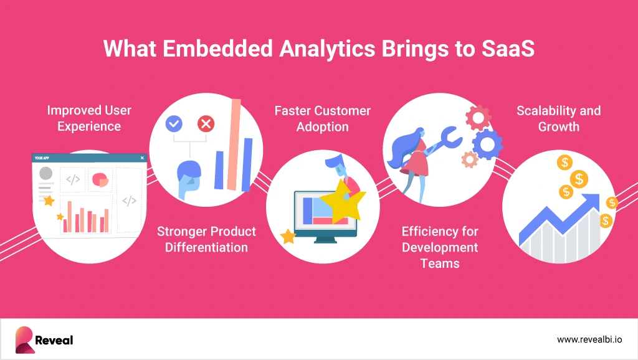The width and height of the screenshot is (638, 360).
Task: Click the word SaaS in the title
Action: coord(508,49)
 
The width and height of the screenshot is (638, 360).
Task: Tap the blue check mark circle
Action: coord(174,124)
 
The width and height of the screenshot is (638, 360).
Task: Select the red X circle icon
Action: coord(206,124)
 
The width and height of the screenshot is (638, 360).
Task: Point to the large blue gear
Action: coord(487,144)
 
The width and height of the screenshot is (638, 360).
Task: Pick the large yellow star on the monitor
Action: coord(343,202)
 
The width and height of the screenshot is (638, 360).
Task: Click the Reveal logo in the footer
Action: coord(44,339)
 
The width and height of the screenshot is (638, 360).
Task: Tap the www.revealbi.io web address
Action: coord(589,339)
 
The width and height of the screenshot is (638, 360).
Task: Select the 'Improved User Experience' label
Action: coord(89,118)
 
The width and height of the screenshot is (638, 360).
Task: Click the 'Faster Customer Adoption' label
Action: coord(322,118)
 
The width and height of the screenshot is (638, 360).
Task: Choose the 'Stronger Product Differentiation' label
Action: coord(206,239)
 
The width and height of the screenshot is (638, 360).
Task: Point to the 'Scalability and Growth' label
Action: coord(559,118)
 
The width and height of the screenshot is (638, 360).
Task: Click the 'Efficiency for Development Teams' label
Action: coord(440,247)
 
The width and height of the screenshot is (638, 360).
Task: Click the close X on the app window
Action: coord(142,158)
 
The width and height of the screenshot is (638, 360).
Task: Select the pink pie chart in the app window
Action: coord(100,179)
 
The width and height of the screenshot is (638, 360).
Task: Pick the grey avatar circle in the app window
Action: coord(45,173)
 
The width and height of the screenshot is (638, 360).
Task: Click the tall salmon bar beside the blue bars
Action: coord(234,144)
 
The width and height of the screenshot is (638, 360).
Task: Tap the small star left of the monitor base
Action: coord(288,236)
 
